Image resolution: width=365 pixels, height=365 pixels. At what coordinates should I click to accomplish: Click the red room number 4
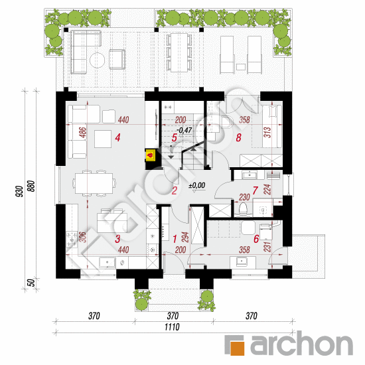[x=117, y=138]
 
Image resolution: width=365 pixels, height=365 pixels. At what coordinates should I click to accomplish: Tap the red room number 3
[x=117, y=239]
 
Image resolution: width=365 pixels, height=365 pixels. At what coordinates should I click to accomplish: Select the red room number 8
[x=238, y=138]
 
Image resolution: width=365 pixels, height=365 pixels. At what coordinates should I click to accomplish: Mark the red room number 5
[x=174, y=138]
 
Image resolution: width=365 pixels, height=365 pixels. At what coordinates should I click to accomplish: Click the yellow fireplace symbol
[x=151, y=157]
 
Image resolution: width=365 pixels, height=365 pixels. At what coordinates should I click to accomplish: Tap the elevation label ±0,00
[x=198, y=186]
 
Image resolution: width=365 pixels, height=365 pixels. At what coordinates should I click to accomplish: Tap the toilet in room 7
[x=243, y=210]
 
